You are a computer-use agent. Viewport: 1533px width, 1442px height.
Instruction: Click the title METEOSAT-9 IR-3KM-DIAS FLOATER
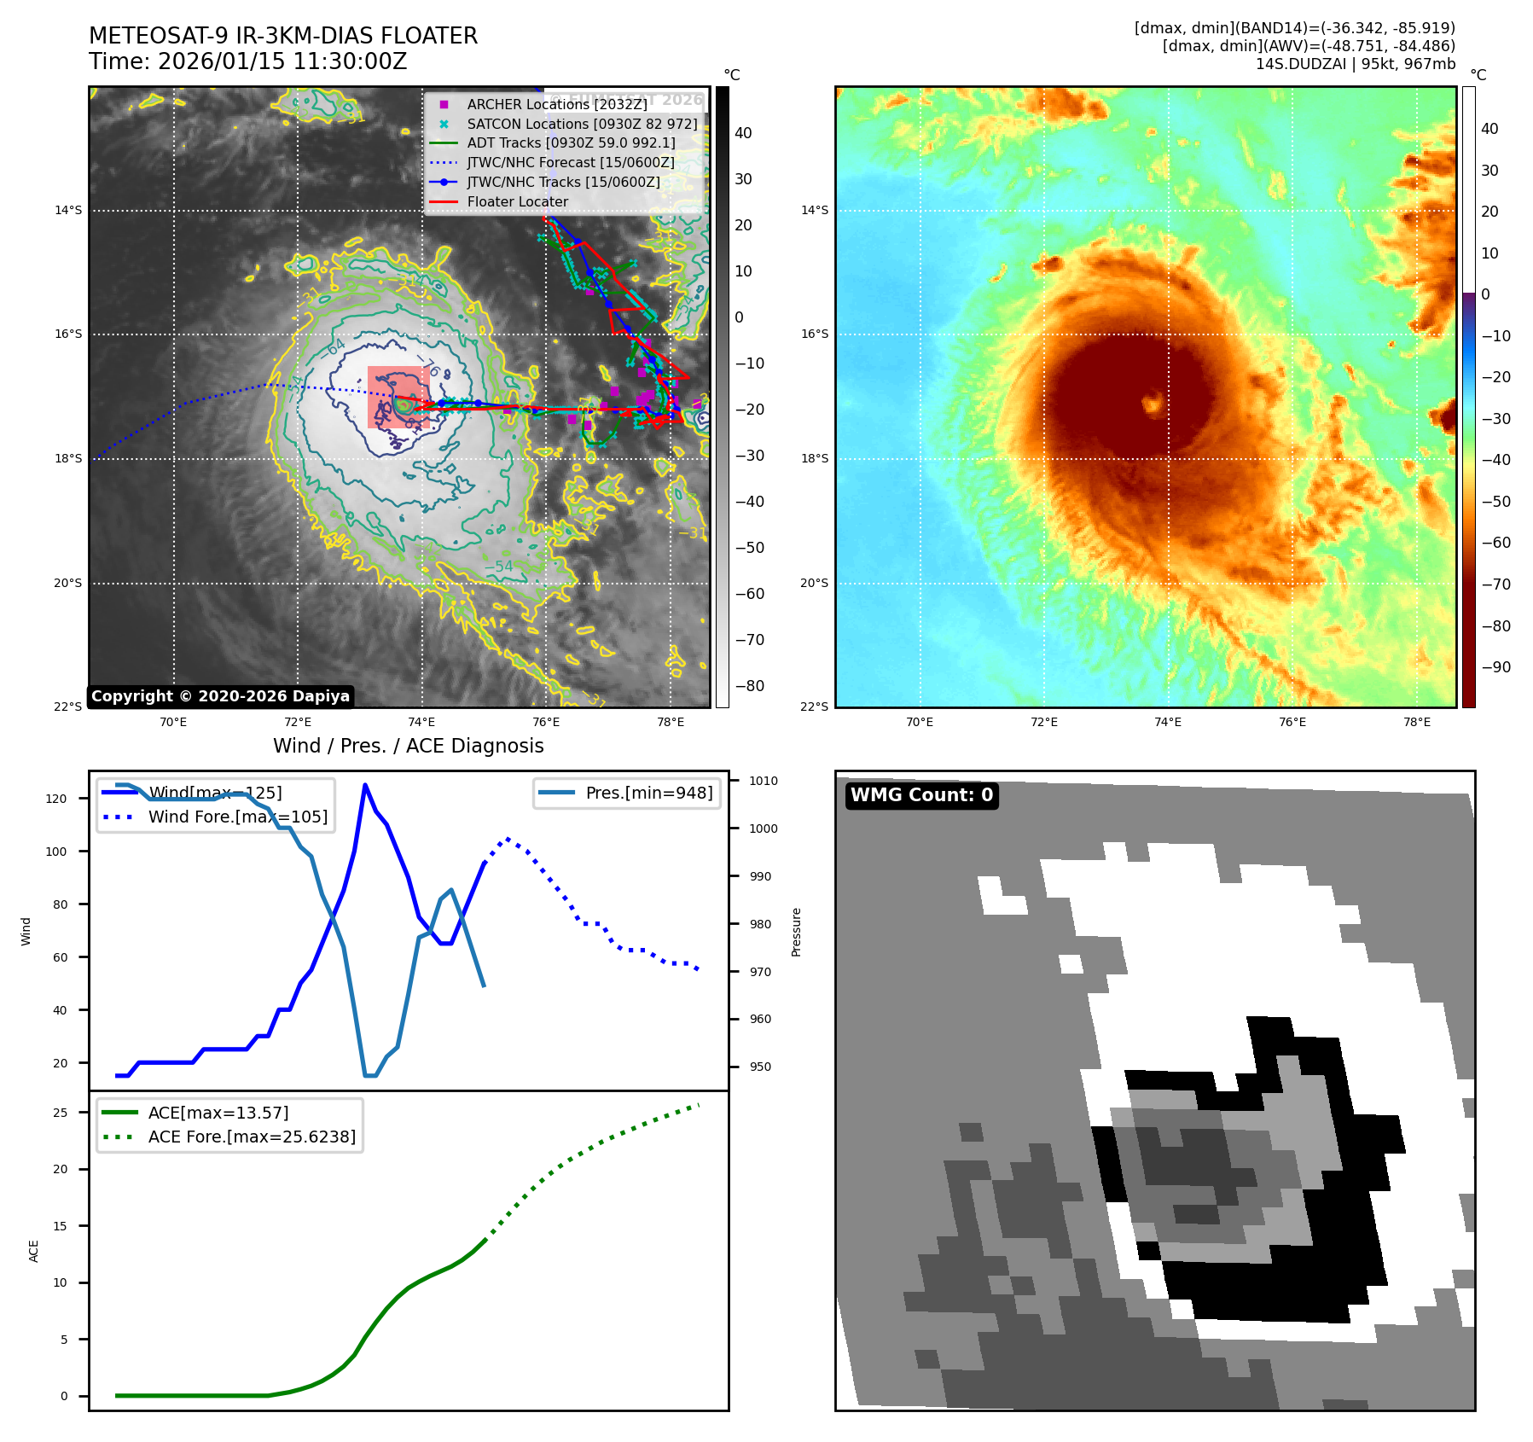click(x=283, y=36)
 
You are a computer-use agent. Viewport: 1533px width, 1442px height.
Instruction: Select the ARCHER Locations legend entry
click(x=556, y=104)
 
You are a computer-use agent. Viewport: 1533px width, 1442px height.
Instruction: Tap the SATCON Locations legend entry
click(x=582, y=124)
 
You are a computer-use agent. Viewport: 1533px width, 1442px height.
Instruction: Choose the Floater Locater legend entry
click(x=517, y=202)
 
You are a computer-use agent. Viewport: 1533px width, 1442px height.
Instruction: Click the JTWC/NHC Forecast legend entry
click(x=570, y=163)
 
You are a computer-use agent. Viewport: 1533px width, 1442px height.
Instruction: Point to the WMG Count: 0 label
click(x=921, y=795)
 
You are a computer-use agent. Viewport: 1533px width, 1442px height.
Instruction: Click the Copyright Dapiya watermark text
click(x=220, y=696)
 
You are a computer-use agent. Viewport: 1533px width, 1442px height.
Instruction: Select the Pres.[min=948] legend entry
click(x=648, y=793)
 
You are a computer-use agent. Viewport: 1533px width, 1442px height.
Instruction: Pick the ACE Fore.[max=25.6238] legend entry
click(x=252, y=1137)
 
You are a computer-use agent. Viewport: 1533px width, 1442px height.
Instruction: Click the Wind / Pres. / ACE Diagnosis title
click(x=408, y=746)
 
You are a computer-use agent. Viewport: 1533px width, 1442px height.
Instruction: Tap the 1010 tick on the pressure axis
click(x=763, y=781)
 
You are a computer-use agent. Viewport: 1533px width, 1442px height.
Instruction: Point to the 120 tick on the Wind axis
click(x=56, y=799)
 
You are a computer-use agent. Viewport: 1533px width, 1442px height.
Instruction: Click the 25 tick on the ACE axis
click(x=60, y=1113)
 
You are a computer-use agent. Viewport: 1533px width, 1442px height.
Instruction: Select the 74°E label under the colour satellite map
click(x=1167, y=723)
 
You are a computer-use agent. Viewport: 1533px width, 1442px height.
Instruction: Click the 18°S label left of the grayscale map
click(x=68, y=459)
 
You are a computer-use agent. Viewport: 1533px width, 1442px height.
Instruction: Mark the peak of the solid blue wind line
click(x=365, y=785)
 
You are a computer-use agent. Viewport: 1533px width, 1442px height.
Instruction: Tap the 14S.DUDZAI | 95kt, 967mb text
click(x=1355, y=64)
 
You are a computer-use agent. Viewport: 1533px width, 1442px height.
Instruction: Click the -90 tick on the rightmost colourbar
click(x=1495, y=667)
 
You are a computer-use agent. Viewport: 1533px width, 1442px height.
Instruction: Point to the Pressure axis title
click(x=796, y=932)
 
